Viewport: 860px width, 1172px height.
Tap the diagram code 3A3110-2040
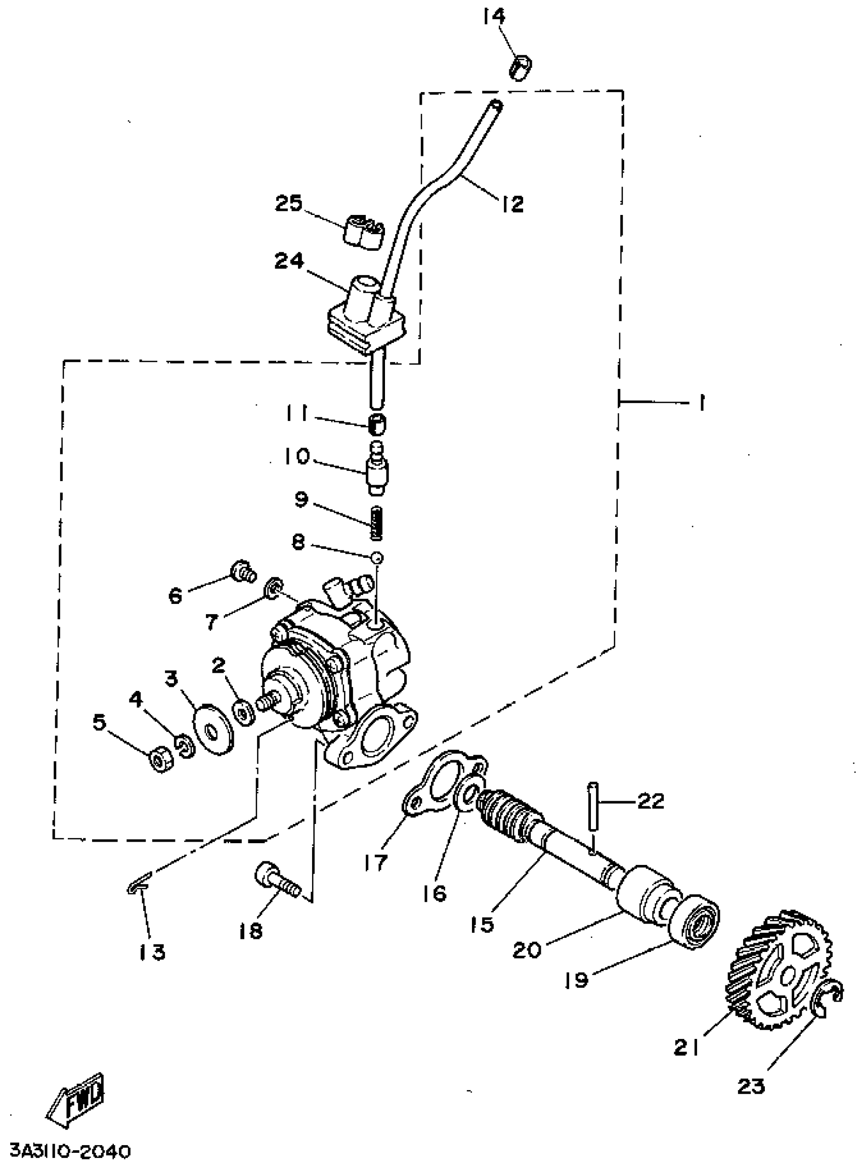click(x=70, y=1152)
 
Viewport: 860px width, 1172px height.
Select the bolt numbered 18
click(x=276, y=880)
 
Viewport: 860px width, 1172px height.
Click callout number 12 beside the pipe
click(x=513, y=203)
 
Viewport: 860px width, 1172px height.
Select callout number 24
click(x=289, y=260)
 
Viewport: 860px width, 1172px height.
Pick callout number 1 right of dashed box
click(x=702, y=402)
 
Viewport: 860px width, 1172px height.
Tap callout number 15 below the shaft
click(x=482, y=924)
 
